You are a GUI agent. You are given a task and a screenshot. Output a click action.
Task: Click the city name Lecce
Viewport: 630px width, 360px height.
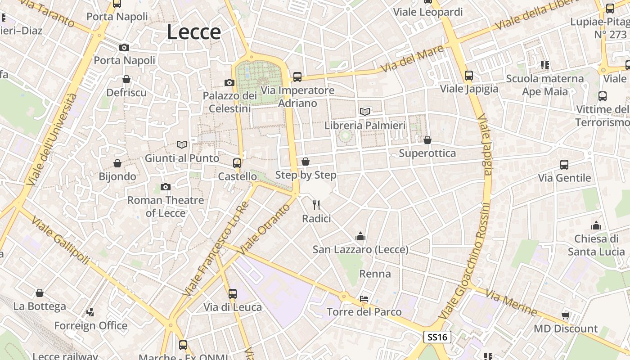194,32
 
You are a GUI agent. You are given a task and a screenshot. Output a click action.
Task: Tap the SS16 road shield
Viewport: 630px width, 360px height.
437,337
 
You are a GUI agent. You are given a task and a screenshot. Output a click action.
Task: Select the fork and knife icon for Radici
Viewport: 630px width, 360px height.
316,205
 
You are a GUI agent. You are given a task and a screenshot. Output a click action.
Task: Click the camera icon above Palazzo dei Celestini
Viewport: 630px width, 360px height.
229,82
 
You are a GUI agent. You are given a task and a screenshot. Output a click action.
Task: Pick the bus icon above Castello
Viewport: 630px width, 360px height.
237,163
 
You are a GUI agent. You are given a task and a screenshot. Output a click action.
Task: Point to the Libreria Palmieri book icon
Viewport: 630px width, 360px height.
365,112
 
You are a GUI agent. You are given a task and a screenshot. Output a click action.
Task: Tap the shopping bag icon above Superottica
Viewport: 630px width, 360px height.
427,140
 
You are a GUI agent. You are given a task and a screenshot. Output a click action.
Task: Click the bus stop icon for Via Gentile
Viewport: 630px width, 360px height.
564,165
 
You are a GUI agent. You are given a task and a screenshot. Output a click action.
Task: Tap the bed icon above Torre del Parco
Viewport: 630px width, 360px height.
364,298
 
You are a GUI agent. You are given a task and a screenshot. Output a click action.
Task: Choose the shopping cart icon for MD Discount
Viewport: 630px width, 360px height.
565,315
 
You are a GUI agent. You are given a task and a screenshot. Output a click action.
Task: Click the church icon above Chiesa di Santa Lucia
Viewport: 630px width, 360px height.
596,225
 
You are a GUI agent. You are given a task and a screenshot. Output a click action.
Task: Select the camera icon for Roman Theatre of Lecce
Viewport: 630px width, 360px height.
166,187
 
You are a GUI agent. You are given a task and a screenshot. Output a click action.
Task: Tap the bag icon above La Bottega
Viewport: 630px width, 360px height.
40,293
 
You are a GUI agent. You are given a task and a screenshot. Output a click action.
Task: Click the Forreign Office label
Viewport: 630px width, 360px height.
91,325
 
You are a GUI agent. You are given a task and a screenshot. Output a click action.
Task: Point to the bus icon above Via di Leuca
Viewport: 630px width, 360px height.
233,294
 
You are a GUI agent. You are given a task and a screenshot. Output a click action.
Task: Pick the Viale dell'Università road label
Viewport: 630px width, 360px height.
52,139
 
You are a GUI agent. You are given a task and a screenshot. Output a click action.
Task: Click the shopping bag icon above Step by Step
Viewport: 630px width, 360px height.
306,161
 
